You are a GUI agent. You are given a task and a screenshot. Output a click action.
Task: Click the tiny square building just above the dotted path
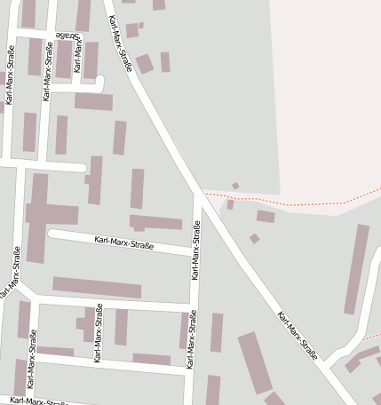pyautogui.click(x=235, y=186)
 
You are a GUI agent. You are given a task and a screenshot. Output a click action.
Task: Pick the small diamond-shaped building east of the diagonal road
pyautogui.click(x=255, y=238)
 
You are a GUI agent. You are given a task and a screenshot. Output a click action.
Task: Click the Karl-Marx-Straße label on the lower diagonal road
pyautogui.click(x=298, y=335)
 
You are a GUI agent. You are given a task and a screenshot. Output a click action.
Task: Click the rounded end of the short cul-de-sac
pyautogui.click(x=99, y=84)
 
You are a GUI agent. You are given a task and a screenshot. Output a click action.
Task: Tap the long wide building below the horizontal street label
pyautogui.click(x=97, y=288)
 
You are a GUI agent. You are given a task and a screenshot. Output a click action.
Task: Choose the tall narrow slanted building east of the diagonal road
pyautogui.click(x=356, y=268)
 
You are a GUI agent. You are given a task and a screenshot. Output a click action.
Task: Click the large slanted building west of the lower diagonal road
pyautogui.click(x=255, y=362)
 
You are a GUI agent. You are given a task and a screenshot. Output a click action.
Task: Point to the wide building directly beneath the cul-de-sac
pyautogui.click(x=93, y=101)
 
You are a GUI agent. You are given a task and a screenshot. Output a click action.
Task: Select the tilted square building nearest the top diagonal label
pyautogui.click(x=144, y=64)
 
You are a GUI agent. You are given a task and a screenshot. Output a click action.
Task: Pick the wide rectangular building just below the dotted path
pyautogui.click(x=266, y=216)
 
